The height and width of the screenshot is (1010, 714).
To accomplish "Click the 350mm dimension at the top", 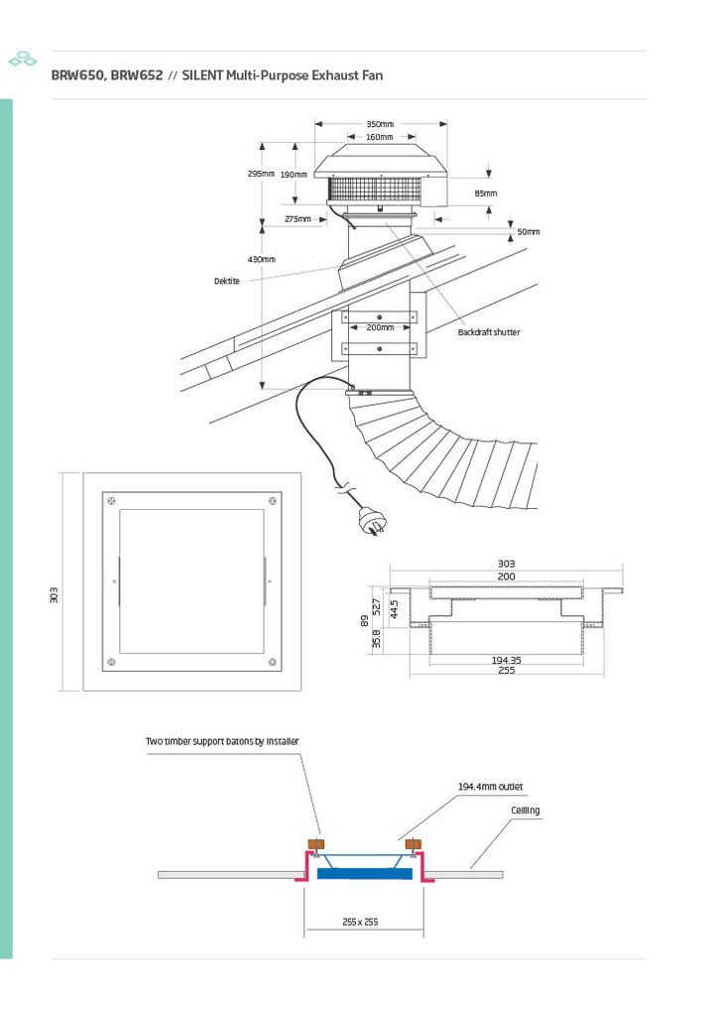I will (x=380, y=124).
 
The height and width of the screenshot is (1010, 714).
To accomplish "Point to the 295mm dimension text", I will (x=261, y=174).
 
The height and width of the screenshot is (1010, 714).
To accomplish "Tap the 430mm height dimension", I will (x=261, y=259).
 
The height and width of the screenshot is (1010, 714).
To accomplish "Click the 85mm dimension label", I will (x=486, y=192).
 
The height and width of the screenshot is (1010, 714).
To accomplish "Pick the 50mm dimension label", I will (x=529, y=231).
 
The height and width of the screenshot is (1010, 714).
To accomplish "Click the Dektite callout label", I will (x=227, y=281).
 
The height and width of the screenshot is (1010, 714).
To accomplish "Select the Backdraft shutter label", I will (x=488, y=332).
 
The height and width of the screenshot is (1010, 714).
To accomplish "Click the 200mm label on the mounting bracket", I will (x=380, y=326).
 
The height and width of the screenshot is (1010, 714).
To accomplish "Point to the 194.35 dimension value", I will (x=507, y=659).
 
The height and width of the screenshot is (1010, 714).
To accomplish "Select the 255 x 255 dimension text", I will (x=361, y=922).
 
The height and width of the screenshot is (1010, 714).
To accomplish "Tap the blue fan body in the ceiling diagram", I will (x=365, y=873).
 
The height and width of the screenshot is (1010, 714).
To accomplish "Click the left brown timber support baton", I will (x=315, y=844).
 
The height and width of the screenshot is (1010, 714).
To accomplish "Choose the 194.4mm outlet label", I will (x=490, y=787).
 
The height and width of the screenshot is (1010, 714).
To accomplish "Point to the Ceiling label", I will (x=526, y=811).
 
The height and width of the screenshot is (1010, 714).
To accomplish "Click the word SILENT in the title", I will (x=202, y=75).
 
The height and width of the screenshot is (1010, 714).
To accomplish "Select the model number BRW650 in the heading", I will (x=78, y=75).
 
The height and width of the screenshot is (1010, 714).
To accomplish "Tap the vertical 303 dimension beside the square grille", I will (x=55, y=594).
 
